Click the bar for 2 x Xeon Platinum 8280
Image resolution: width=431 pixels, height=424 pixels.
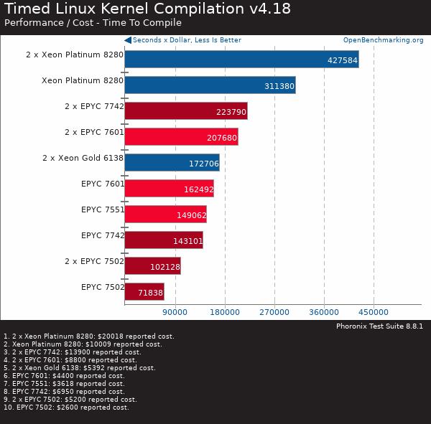pos(241,60)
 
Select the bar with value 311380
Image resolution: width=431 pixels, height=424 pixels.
pos(210,85)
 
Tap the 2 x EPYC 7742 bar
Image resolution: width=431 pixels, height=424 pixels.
pos(185,111)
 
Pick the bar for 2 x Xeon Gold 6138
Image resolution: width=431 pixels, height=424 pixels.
pos(172,163)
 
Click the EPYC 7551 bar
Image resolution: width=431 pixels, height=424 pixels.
pos(165,215)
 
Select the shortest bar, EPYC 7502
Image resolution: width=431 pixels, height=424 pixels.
pos(144,292)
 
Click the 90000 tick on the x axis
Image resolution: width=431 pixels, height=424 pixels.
pos(175,312)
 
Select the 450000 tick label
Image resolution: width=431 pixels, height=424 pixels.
pos(374,312)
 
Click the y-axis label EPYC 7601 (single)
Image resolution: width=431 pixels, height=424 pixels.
pos(103,184)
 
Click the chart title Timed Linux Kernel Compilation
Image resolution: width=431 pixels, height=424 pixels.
pos(124,9)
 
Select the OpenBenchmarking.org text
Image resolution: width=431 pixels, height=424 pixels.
pos(383,40)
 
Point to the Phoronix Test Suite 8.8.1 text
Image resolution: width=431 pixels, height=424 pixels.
pos(379,326)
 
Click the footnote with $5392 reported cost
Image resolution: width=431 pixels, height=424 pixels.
pos(79,368)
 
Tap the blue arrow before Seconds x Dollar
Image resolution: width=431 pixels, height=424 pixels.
pos(128,40)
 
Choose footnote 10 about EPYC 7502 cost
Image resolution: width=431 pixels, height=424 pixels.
pos(66,407)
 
